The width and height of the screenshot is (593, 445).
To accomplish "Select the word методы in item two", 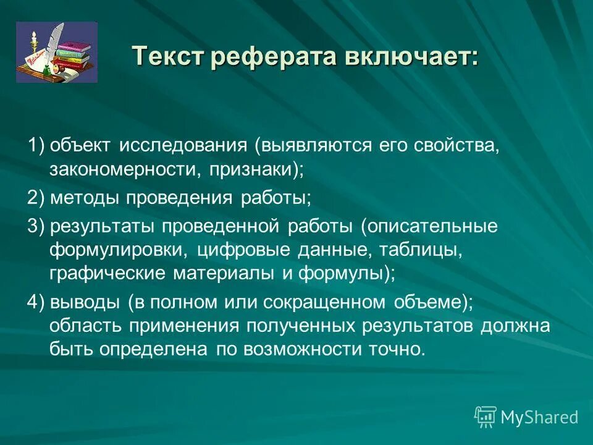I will [86, 198].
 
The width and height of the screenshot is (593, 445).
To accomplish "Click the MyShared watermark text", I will [539, 418].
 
